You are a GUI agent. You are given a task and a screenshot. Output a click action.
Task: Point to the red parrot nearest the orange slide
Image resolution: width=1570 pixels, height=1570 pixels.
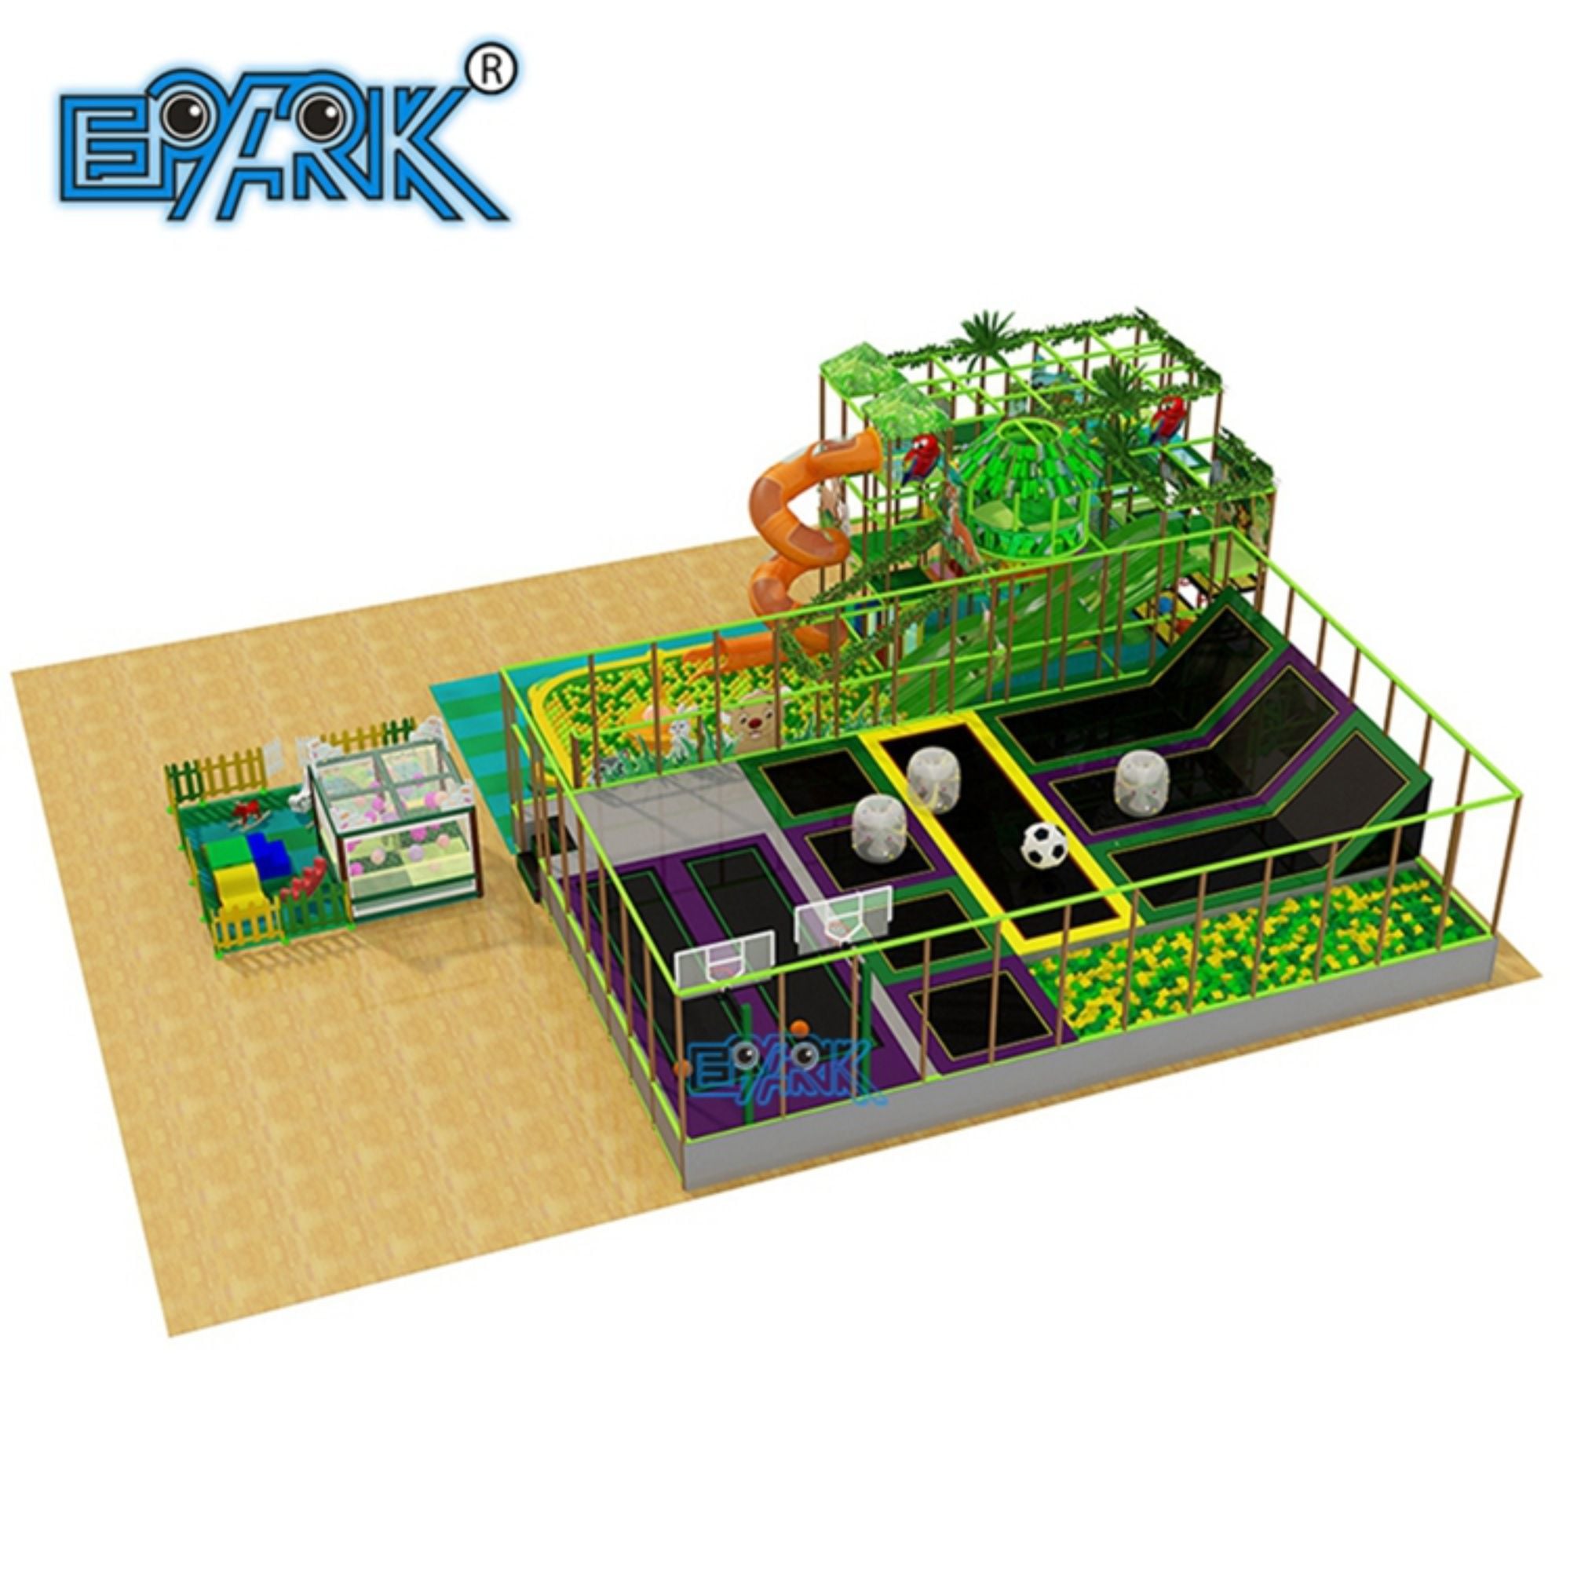coord(921,458)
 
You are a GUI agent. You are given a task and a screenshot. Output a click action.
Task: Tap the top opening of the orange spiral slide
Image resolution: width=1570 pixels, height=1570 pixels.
coord(860,446)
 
